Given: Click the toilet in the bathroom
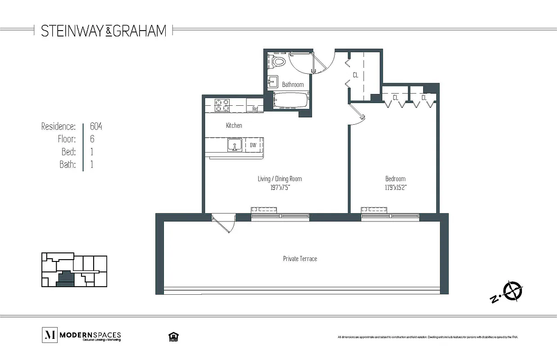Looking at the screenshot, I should point(278,62).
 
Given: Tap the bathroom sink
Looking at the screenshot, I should point(273,82).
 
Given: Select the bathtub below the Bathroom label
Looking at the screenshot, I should point(290,99).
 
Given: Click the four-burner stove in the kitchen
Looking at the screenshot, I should point(222,105).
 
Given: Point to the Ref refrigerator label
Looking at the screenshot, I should point(255,108).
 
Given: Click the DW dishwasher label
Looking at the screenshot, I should point(253,145).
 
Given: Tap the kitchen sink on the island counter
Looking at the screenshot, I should point(234,145).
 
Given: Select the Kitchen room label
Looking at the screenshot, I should point(234,126).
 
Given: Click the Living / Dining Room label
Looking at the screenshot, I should point(280,179).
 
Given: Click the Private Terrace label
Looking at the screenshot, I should point(300,258).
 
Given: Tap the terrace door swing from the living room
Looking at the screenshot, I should point(223,223).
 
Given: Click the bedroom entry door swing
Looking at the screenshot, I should point(358,114).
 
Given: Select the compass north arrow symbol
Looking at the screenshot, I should point(512,291).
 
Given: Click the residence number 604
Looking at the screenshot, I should point(96,126).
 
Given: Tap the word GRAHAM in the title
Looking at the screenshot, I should point(139,31).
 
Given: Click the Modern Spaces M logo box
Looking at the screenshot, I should point(49,335).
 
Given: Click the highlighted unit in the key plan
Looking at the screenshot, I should point(65,278).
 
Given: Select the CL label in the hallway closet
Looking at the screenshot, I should point(355,75).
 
